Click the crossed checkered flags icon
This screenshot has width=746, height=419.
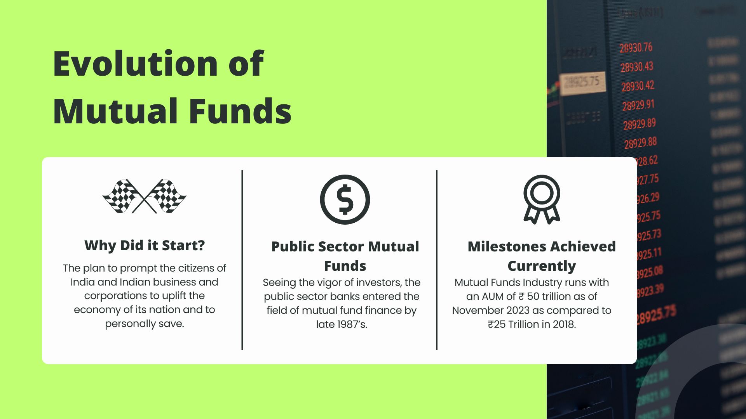pyautogui.click(x=145, y=196)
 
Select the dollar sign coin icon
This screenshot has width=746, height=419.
pyautogui.click(x=345, y=199)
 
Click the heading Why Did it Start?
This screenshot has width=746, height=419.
pyautogui.click(x=145, y=246)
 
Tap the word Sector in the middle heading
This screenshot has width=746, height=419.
pyautogui.click(x=340, y=247)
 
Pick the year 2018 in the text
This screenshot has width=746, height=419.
pyautogui.click(x=563, y=324)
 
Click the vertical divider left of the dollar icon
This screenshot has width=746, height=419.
pyautogui.click(x=242, y=260)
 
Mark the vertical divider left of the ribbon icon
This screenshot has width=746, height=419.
pyautogui.click(x=437, y=260)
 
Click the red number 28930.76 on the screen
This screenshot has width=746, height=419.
pyautogui.click(x=636, y=48)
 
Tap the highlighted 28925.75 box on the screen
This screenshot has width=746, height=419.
pyautogui.click(x=582, y=82)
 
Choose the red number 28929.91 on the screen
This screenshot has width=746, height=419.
pyautogui.click(x=638, y=105)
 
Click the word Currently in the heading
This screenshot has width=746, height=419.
pyautogui.click(x=542, y=266)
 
